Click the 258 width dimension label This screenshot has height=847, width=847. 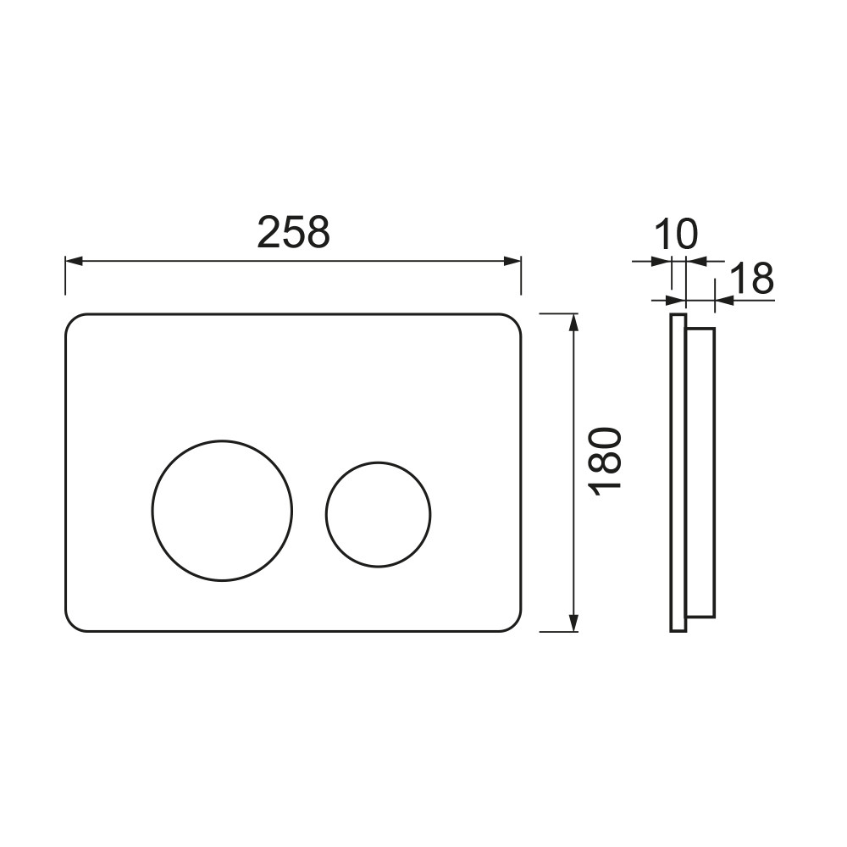point(293,232)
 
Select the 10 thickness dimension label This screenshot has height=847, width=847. point(676,235)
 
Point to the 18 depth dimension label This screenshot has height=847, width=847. point(752,278)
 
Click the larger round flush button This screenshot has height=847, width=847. point(222,510)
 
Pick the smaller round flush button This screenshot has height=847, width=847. point(378,514)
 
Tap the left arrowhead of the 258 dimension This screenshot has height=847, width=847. point(74,262)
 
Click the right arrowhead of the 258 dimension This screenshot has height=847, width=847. point(512,262)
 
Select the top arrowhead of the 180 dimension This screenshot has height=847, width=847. point(573,323)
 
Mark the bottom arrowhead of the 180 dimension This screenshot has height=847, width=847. point(573,623)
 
